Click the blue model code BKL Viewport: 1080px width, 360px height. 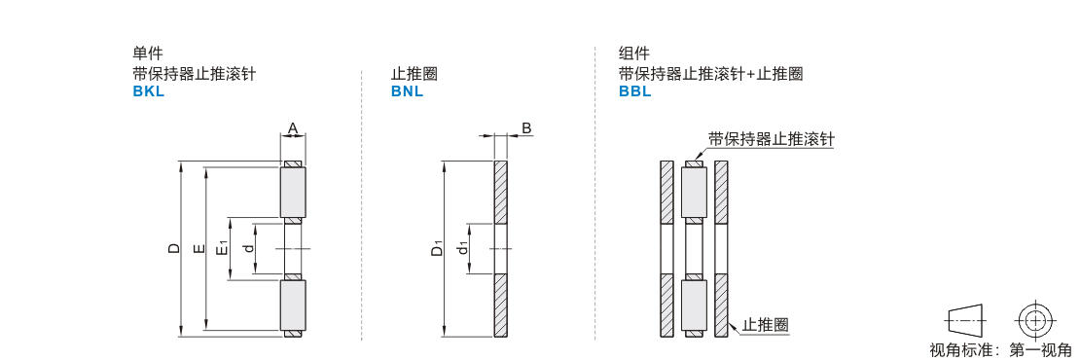[149, 91]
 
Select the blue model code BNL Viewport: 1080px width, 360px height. [407, 91]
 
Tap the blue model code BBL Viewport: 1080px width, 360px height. [635, 91]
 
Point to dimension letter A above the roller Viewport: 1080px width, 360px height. [293, 128]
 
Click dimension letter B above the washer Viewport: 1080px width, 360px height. [525, 128]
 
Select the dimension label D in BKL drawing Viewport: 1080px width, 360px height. [174, 248]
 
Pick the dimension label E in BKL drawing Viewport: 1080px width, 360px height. [199, 248]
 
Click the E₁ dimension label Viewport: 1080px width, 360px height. [223, 248]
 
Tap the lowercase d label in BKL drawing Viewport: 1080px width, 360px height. [249, 248]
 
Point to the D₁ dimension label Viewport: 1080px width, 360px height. [438, 248]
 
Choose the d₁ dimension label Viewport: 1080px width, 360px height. [464, 248]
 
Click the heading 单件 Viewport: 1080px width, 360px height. [147, 53]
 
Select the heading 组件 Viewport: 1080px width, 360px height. [633, 53]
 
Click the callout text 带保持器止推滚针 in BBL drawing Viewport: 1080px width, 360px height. [771, 138]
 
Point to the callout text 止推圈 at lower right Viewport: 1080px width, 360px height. [765, 324]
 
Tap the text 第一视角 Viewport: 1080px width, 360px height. [1041, 350]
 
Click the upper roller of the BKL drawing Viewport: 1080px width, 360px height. [293, 192]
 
